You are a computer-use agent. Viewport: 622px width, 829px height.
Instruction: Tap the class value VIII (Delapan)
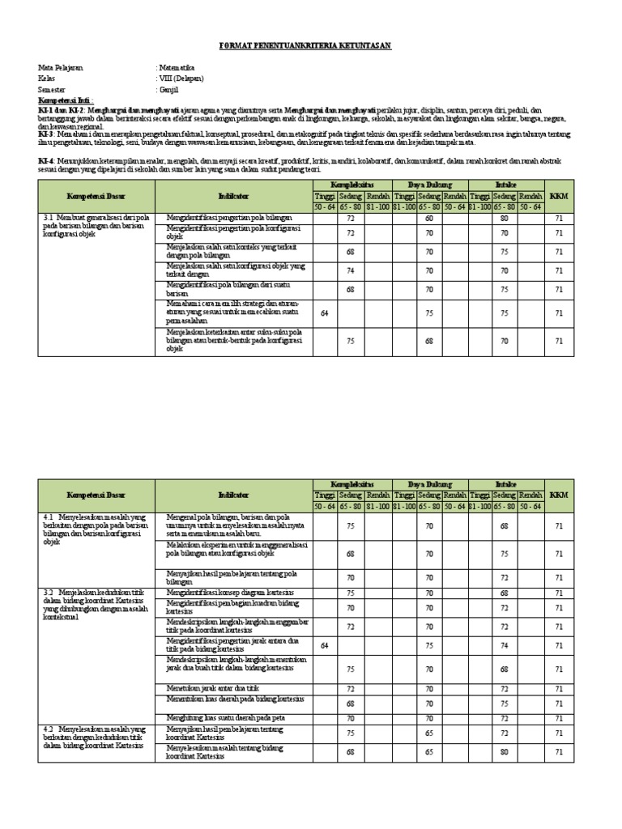tap(182, 79)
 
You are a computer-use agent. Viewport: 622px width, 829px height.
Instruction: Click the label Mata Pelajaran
tap(60, 68)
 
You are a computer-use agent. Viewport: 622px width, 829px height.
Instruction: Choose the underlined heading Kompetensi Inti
tap(63, 99)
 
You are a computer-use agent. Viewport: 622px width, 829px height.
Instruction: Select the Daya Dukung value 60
tap(429, 219)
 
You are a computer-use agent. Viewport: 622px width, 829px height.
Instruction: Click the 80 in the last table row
tap(505, 752)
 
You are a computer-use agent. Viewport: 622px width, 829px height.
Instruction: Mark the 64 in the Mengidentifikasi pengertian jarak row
tap(325, 645)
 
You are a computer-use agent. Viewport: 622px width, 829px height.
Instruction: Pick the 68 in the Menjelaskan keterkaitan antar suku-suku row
tap(429, 341)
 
